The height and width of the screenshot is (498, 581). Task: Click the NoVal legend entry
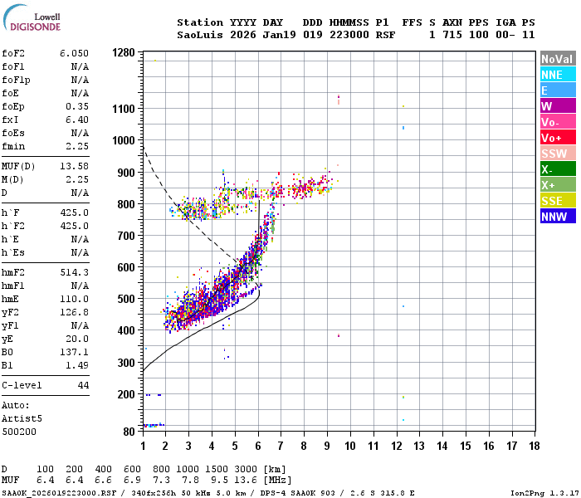pyautogui.click(x=557, y=59)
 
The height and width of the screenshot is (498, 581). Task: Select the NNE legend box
pyautogui.click(x=557, y=75)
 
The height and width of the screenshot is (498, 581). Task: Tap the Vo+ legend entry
pyautogui.click(x=557, y=138)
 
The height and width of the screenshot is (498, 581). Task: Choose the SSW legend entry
pyautogui.click(x=557, y=154)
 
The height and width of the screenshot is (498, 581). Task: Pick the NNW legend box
pyautogui.click(x=557, y=217)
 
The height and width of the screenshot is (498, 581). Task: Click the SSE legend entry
pyautogui.click(x=557, y=201)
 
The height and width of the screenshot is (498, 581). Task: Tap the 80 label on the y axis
pyautogui.click(x=129, y=431)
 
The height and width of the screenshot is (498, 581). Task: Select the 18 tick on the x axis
pyautogui.click(x=534, y=446)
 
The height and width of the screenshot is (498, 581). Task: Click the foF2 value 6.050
pyautogui.click(x=74, y=52)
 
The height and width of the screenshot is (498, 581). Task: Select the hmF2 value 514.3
pyautogui.click(x=74, y=272)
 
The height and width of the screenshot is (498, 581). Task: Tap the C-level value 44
pyautogui.click(x=83, y=385)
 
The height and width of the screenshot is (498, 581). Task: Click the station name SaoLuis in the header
pyautogui.click(x=200, y=35)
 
